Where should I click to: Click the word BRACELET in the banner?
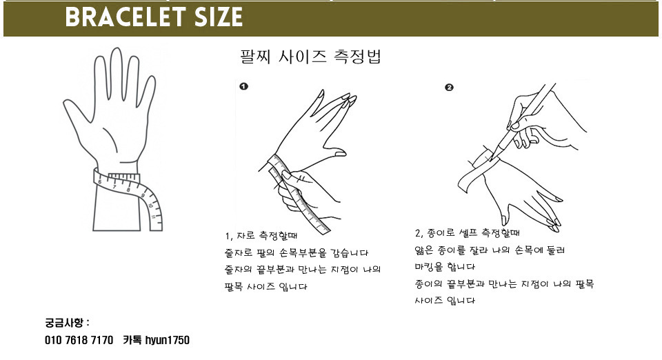(126, 17)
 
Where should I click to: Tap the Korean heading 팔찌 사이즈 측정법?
(310, 56)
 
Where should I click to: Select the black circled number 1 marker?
(243, 86)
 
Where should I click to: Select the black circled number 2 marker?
(449, 88)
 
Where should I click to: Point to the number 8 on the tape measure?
(128, 190)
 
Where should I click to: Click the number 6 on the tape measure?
(99, 182)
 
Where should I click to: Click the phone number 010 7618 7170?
(79, 340)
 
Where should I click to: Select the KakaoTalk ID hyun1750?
(167, 340)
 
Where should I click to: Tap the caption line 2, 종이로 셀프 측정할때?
(467, 232)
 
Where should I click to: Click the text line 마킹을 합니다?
(445, 267)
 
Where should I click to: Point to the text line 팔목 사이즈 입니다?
(266, 287)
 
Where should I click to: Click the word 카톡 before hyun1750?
(132, 340)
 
